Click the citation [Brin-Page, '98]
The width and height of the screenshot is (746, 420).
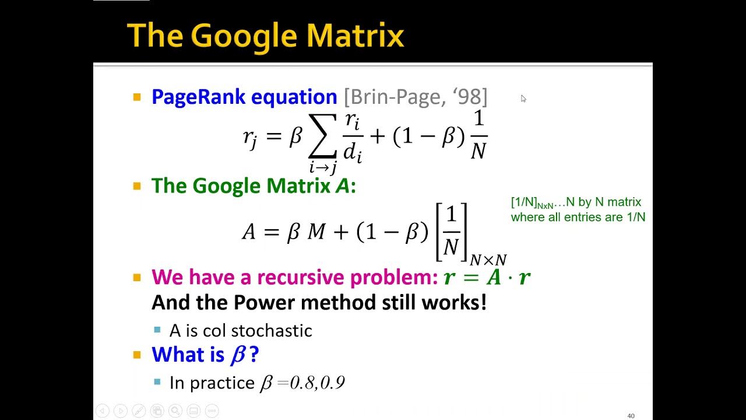[x=415, y=97]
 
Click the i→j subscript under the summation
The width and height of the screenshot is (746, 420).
[x=323, y=168]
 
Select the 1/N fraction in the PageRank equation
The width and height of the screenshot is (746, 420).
[x=478, y=135]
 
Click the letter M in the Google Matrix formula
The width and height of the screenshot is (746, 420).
[x=316, y=232]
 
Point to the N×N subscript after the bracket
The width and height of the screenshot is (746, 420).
[x=488, y=260]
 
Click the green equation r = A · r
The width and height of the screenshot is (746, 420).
[x=487, y=278]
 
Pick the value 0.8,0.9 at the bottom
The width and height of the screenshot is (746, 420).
[x=317, y=383]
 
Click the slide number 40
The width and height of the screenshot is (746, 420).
[x=631, y=416]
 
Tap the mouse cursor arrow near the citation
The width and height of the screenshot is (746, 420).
[x=523, y=98]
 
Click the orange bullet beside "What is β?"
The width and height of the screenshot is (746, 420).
[x=138, y=354]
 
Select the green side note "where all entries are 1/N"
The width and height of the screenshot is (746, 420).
[x=578, y=218]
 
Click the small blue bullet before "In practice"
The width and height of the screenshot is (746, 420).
[x=157, y=382]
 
